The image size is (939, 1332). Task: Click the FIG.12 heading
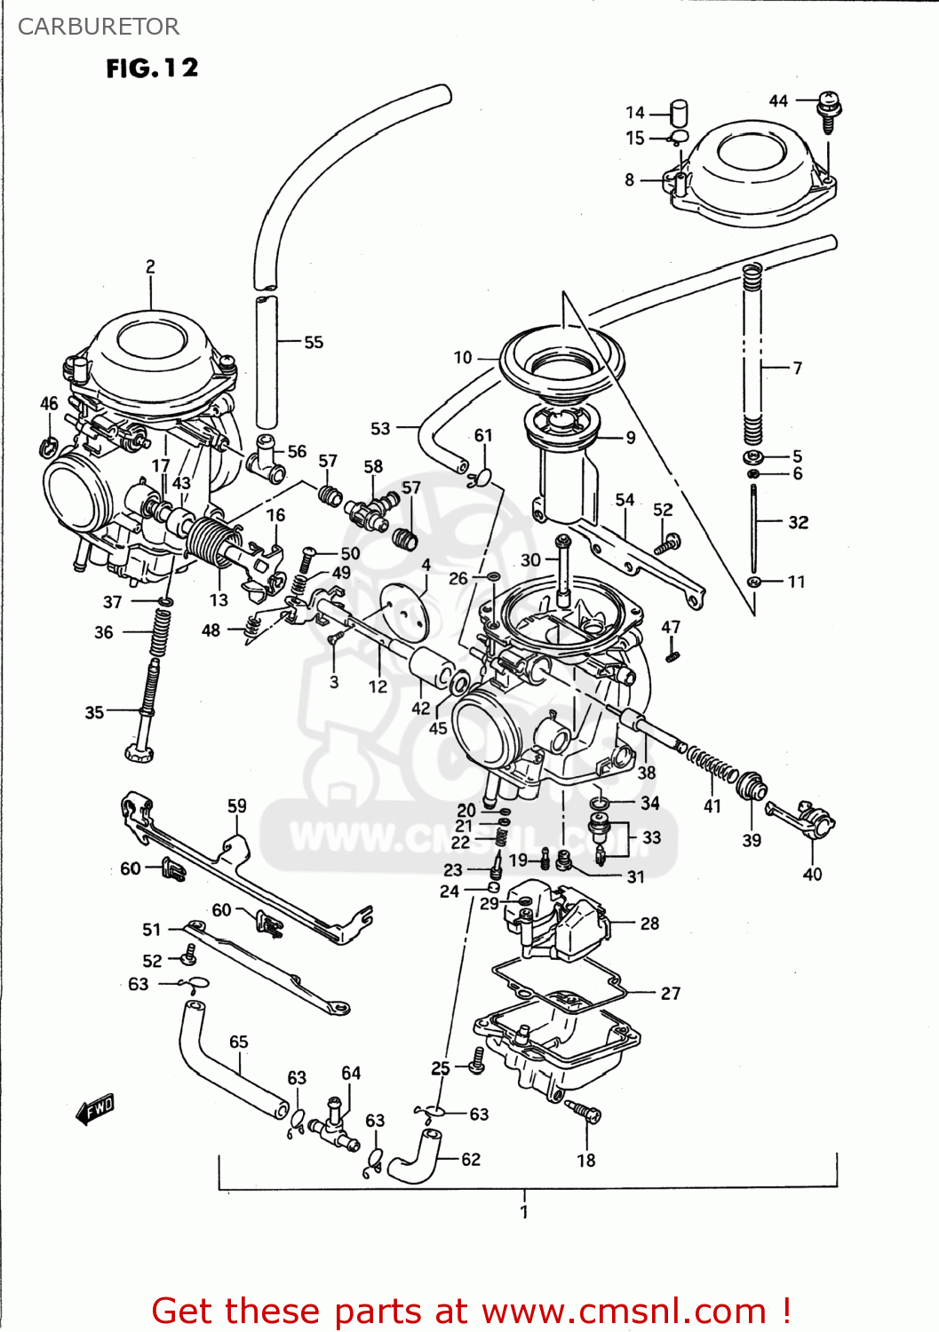point(152,68)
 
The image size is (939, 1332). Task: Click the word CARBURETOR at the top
point(98,27)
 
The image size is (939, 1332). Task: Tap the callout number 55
point(314,342)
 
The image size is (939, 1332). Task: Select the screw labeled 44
point(829,110)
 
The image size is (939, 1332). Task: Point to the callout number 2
point(150,266)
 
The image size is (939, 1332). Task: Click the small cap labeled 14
point(680,113)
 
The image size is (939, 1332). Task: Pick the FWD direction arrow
point(95,1108)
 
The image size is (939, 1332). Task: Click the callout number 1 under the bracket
point(524,1211)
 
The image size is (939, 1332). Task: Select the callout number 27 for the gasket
point(671,993)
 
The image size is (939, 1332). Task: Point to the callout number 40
point(812,874)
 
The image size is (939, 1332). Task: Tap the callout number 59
point(236,805)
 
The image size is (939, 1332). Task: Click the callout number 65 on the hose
point(239,1042)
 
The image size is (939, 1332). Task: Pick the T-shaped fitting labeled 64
point(332,1120)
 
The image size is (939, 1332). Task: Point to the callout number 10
point(463,357)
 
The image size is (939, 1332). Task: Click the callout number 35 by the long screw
point(94,712)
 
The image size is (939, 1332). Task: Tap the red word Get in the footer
point(191,1311)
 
